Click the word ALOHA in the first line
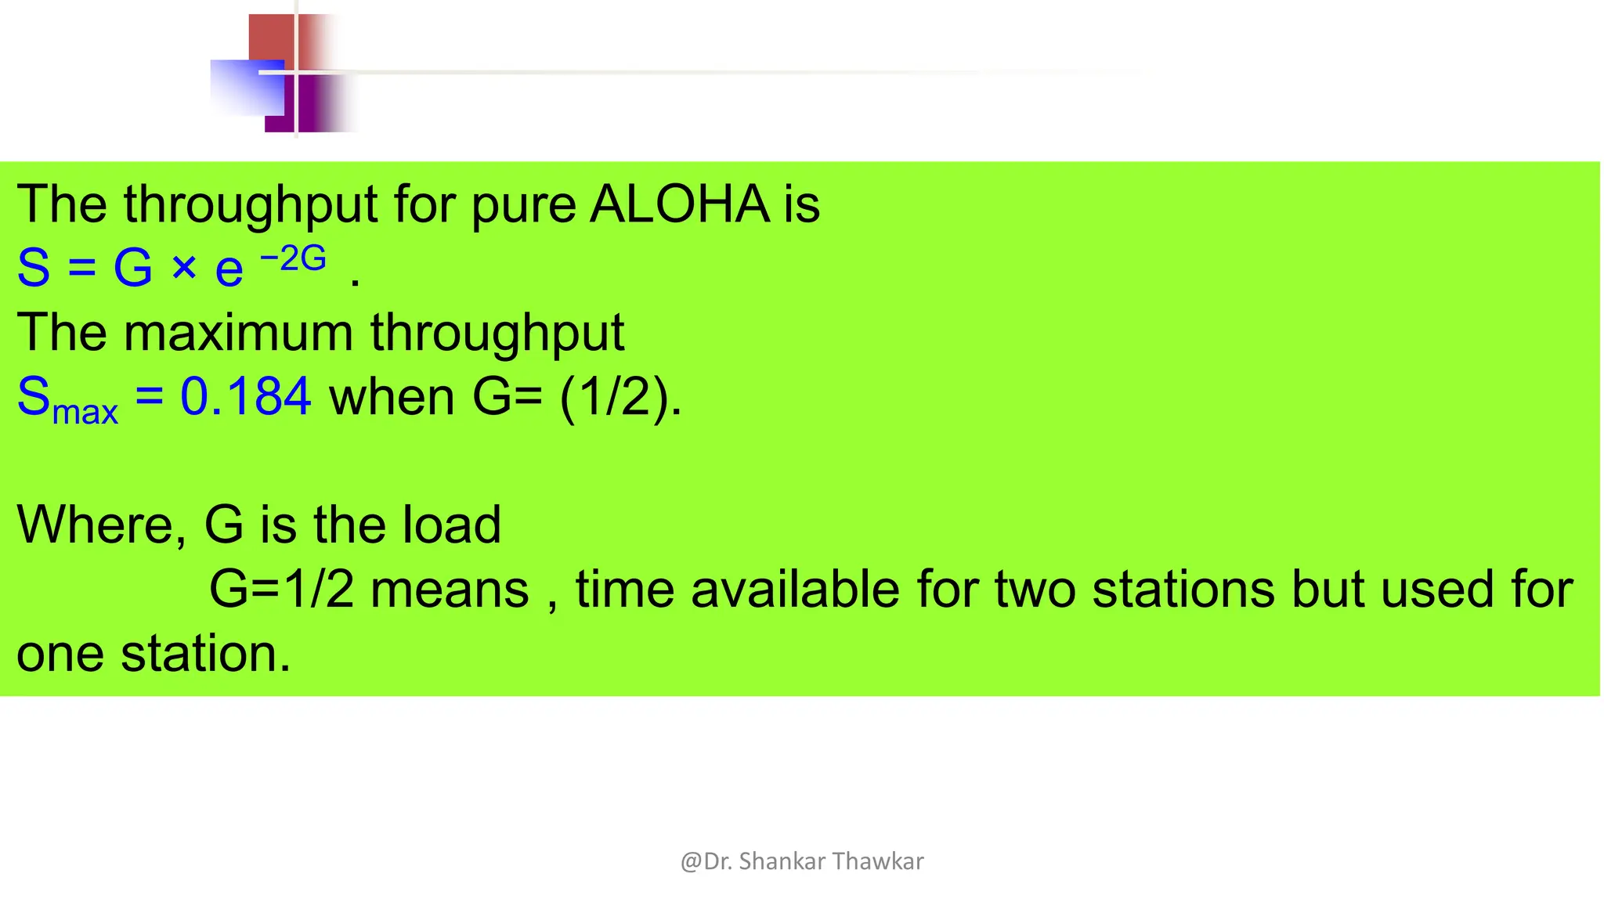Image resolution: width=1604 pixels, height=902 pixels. click(x=679, y=204)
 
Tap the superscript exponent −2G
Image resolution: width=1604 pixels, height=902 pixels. click(x=293, y=258)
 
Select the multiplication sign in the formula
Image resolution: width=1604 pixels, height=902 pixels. click(x=184, y=269)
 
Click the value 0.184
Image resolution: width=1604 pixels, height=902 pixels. click(x=246, y=396)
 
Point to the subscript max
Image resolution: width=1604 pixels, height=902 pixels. click(x=85, y=412)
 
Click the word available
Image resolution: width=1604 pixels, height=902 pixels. click(x=795, y=589)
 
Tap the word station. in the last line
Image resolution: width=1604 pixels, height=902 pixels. click(x=206, y=653)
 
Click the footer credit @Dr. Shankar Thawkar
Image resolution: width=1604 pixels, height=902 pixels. click(x=802, y=861)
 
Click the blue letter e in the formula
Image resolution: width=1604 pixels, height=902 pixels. click(x=229, y=270)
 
